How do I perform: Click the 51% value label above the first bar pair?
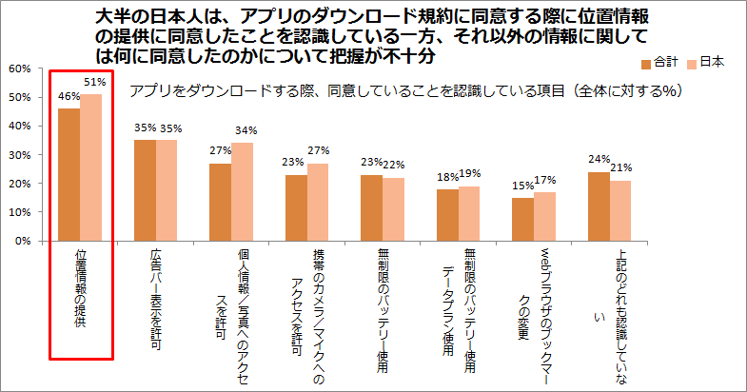coord(95,83)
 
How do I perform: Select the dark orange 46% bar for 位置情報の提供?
coord(69,175)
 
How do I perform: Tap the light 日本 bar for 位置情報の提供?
coord(91,167)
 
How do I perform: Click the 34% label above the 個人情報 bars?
coord(246,130)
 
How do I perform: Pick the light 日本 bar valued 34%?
coord(242,192)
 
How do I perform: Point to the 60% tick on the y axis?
coord(20,69)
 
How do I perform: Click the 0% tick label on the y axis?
coord(23,241)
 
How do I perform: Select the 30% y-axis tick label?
coord(20,155)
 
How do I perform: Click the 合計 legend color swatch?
coord(646,65)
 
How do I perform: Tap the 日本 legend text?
coord(712,63)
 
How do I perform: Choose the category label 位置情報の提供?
coord(81,288)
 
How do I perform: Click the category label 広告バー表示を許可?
coord(156,299)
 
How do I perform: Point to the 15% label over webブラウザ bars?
coord(523,186)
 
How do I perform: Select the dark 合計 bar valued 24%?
coord(599,206)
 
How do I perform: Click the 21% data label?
coord(621,167)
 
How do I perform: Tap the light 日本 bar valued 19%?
coord(469,214)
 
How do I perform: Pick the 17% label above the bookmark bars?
coord(545,180)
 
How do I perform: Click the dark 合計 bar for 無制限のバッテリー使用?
coord(371,208)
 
